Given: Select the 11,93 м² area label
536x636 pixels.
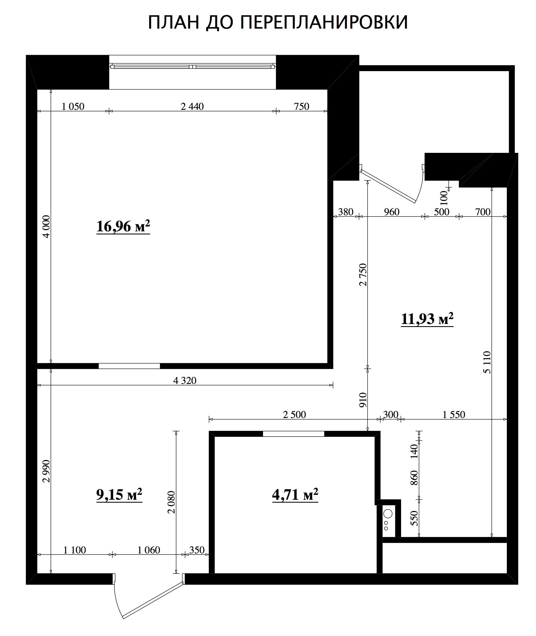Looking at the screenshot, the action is (427, 319).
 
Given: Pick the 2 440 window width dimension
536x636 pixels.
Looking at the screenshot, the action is (192, 106).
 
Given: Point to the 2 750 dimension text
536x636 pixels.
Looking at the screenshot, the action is (363, 275).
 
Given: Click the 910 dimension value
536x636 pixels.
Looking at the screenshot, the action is (363, 400).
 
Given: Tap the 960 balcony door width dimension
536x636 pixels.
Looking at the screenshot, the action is (392, 212).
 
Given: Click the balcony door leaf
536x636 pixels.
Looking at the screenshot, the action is (388, 186).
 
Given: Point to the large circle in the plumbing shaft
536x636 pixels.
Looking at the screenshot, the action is (388, 514).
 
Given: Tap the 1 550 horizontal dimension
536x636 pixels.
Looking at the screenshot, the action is (454, 414).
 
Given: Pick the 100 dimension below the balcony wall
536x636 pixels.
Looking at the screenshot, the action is (444, 197).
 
